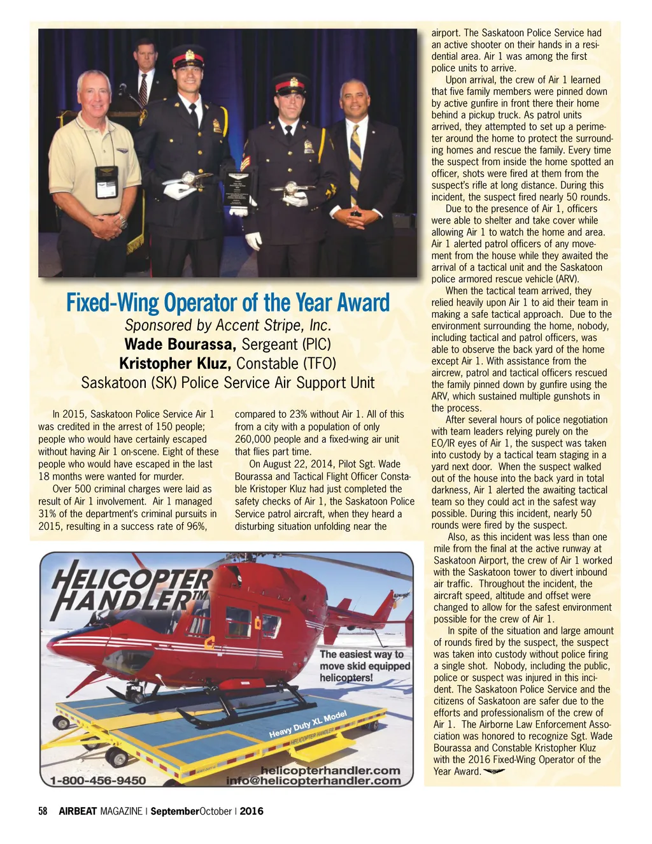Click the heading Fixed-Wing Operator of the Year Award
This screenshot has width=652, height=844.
227,302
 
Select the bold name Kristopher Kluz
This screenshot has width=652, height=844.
175,364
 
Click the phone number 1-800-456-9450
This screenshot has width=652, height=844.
98,780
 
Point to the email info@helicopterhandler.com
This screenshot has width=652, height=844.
313,781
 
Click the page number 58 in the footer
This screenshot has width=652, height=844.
43,811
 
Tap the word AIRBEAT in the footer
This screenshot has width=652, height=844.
78,811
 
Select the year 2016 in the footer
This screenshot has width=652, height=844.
252,811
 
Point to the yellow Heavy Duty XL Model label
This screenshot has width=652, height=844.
308,725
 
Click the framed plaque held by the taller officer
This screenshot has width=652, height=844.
237,189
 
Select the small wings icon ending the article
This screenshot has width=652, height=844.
494,771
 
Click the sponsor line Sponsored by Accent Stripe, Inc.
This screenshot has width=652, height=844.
227,325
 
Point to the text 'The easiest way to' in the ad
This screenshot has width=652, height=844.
362,654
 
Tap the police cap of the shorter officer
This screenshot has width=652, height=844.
290,83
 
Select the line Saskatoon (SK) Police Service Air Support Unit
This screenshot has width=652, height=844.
227,383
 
